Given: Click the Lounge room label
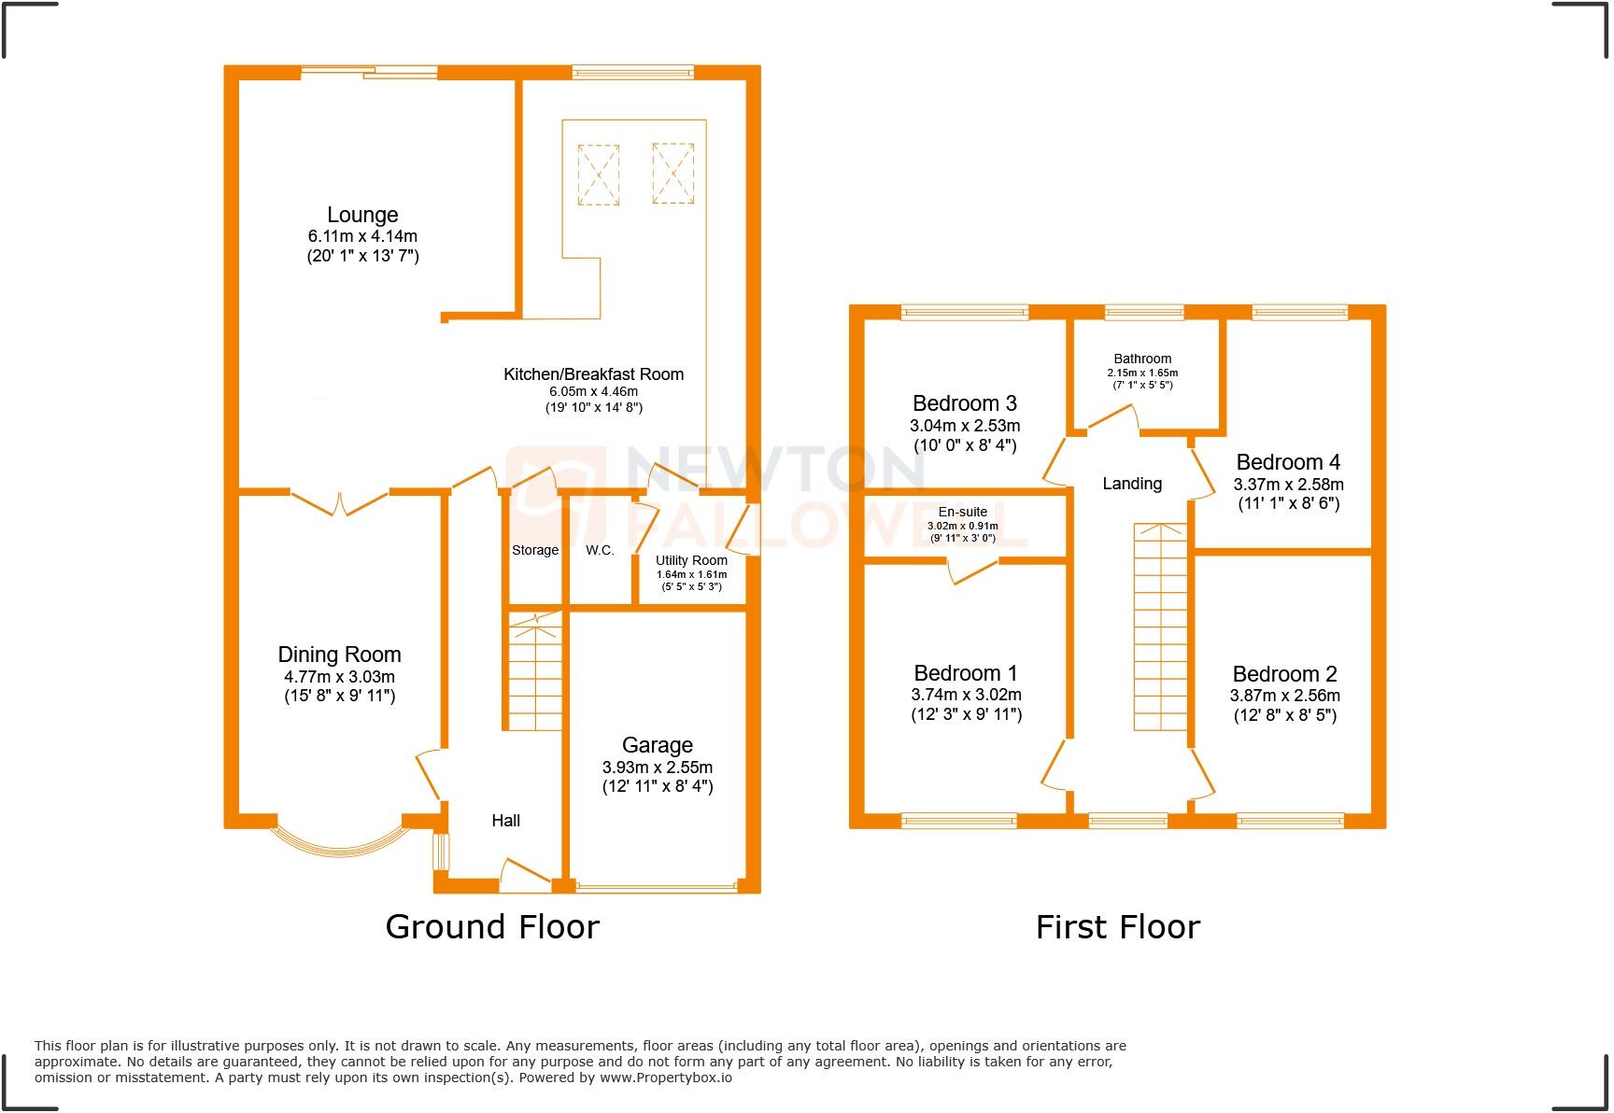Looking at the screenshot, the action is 362,215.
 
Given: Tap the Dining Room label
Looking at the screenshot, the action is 339,655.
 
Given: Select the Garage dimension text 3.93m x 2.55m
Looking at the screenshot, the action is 658,768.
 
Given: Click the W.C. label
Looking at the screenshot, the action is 600,551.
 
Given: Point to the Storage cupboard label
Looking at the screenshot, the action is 535,551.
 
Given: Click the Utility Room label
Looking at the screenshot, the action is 691,560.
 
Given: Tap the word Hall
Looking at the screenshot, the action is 506,821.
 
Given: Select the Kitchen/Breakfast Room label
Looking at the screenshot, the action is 594,374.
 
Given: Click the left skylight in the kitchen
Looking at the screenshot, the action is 599,174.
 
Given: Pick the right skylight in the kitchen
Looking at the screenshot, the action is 673,173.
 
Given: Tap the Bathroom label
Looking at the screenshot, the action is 1142,359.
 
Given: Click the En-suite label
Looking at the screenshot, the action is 963,513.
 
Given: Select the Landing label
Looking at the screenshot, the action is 1132,484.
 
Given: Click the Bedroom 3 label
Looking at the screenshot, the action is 965,403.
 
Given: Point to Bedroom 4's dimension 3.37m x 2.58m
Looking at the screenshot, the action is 1289,485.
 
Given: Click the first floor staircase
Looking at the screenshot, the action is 1160,627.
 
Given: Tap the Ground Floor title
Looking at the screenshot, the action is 492,926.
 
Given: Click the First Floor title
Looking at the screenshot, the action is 1118,926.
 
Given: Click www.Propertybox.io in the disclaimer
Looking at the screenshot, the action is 665,1078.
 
